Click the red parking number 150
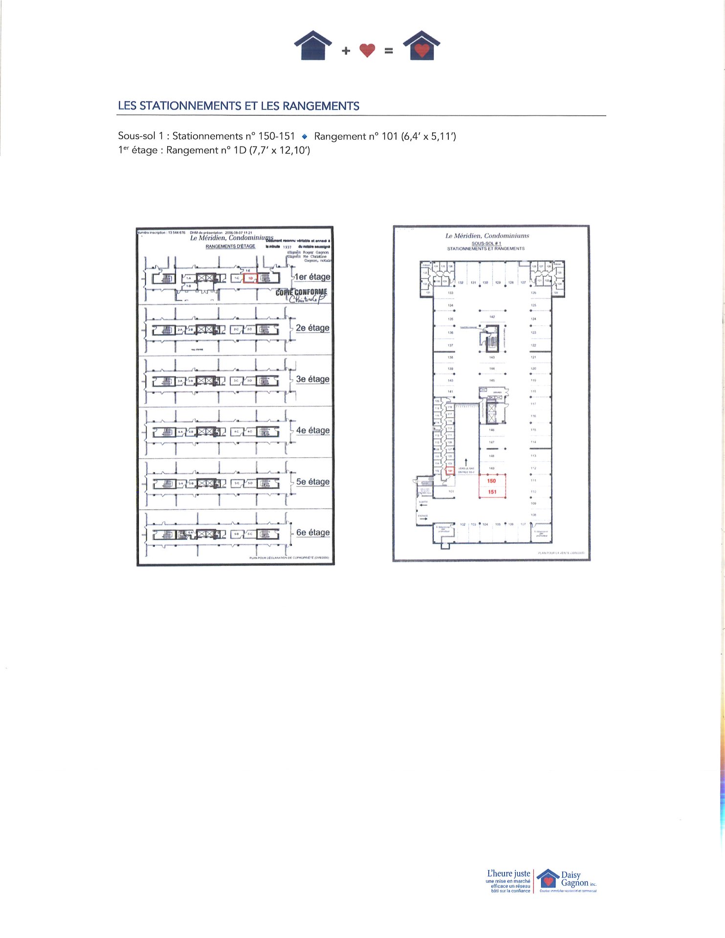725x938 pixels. (x=491, y=481)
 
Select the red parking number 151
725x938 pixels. (x=492, y=492)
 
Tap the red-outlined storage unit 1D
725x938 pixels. (x=250, y=278)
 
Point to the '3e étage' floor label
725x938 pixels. (x=312, y=379)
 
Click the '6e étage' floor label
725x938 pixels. (x=313, y=533)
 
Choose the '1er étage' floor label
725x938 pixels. (x=312, y=277)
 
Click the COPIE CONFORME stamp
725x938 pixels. (x=301, y=293)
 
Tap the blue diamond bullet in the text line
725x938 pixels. (x=305, y=136)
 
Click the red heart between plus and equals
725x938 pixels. (x=367, y=50)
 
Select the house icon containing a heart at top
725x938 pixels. (x=422, y=46)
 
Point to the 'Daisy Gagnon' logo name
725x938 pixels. (x=574, y=879)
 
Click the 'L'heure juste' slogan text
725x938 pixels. (x=508, y=874)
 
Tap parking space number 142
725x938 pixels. (x=492, y=317)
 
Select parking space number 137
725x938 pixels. (x=450, y=345)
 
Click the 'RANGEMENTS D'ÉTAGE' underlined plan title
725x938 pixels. (x=230, y=246)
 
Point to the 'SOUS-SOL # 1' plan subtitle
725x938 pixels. (x=486, y=243)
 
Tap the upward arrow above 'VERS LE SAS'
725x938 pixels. (x=466, y=462)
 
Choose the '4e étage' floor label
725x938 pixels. (x=312, y=430)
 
